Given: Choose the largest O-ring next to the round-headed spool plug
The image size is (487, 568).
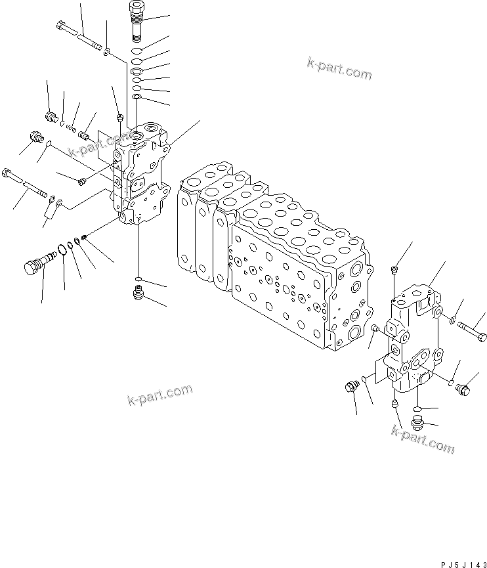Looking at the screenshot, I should tap(62, 250).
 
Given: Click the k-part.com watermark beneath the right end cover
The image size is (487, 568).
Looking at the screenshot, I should tap(422, 439).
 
